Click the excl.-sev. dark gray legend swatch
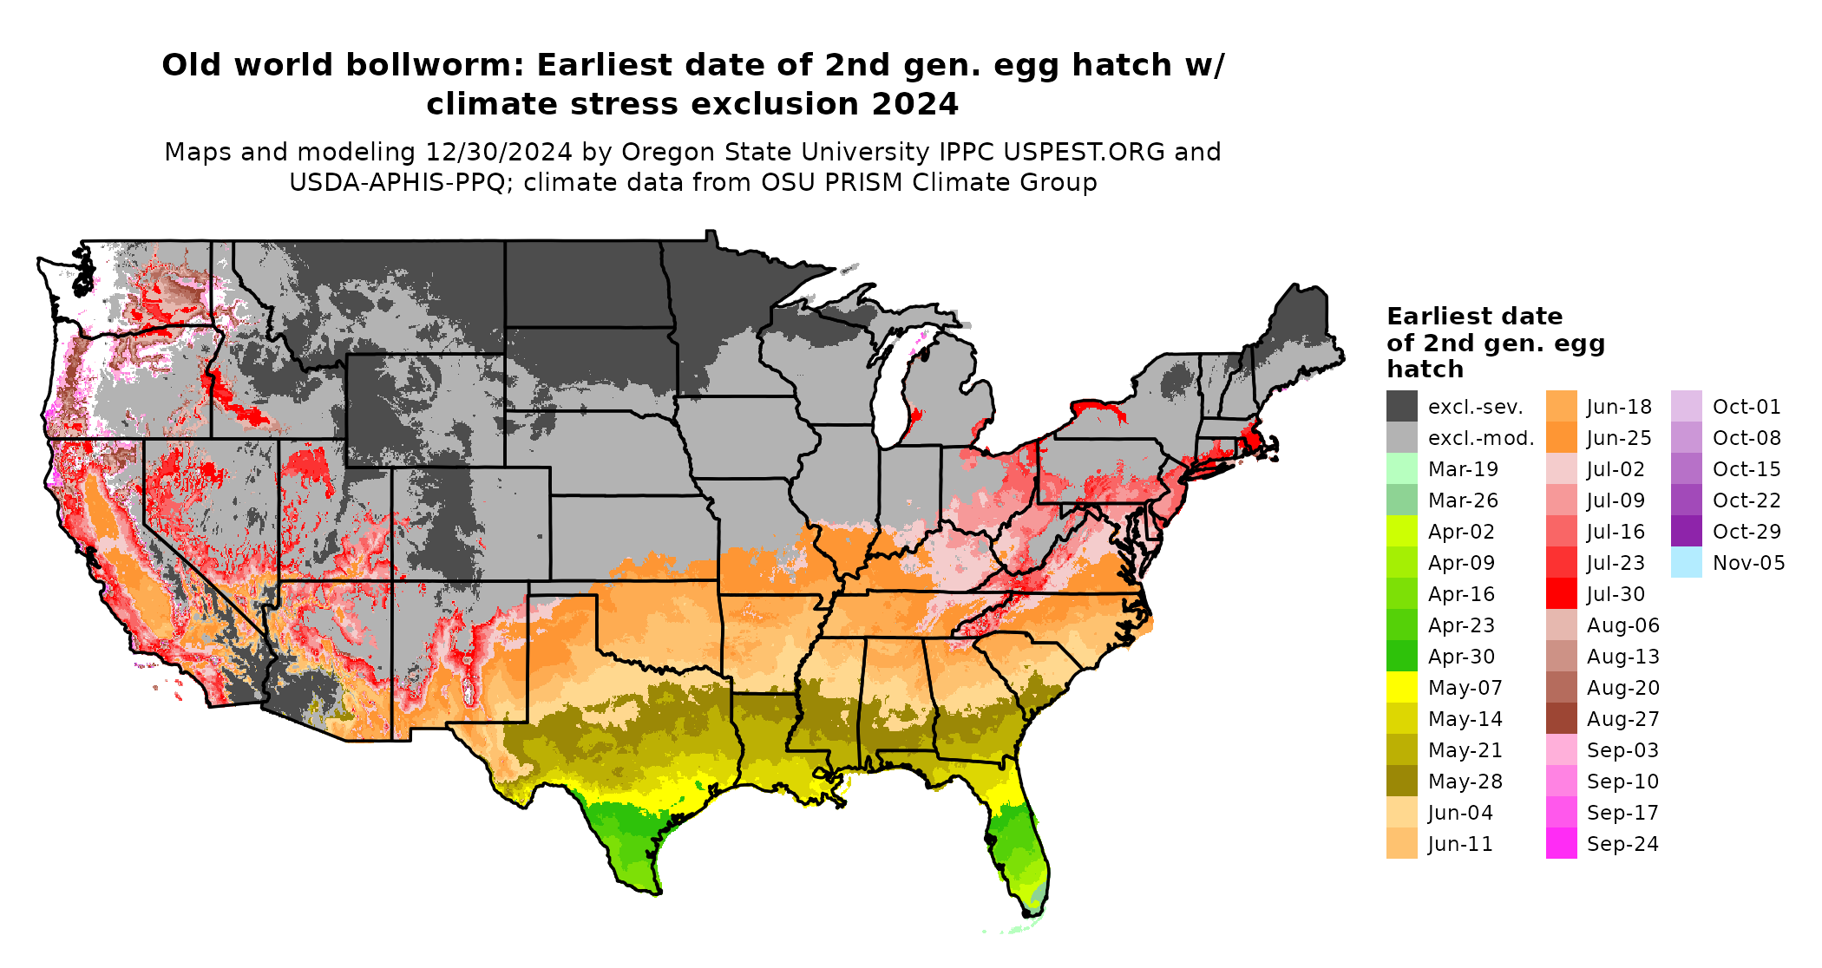click(x=1401, y=407)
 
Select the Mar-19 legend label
click(x=1463, y=469)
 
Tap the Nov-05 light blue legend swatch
click(x=1686, y=563)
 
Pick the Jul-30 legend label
click(x=1616, y=594)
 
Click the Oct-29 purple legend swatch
click(x=1686, y=532)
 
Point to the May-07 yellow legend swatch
click(x=1401, y=688)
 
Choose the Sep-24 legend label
click(x=1622, y=844)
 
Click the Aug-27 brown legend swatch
click(x=1561, y=719)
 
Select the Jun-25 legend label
click(x=1619, y=438)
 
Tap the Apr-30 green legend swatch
click(x=1401, y=657)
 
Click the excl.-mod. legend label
click(x=1481, y=438)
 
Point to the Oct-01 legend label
click(x=1747, y=407)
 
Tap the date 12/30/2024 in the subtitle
click(x=498, y=152)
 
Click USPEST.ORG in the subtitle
click(x=1084, y=152)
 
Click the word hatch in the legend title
click(x=1425, y=370)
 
